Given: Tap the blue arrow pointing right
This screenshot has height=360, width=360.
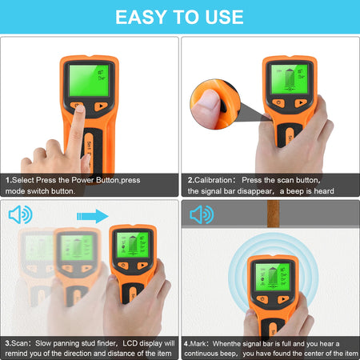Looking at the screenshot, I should coord(92,214).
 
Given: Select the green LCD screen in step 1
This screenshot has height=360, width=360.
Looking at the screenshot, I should coord(90,80).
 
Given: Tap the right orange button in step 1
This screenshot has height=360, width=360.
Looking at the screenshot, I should coord(101,106).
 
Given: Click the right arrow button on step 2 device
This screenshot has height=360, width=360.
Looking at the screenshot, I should coord(299,102).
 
